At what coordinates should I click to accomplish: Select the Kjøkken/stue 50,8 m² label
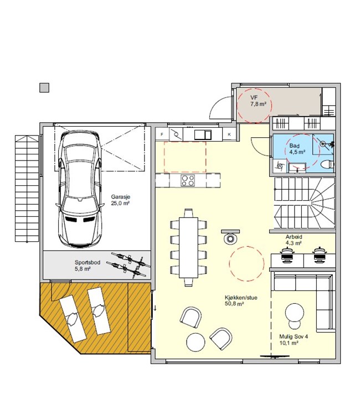click(x=241, y=300)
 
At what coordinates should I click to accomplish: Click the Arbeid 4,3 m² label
click(x=294, y=240)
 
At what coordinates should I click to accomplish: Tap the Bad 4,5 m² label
click(x=297, y=149)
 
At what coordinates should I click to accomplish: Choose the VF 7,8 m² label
click(x=258, y=101)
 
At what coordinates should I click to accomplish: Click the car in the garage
click(x=79, y=189)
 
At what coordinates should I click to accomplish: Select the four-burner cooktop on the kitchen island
click(x=188, y=180)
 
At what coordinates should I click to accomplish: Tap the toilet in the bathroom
click(x=327, y=165)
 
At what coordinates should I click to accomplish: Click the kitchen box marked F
click(x=162, y=134)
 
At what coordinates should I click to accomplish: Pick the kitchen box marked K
click(x=229, y=134)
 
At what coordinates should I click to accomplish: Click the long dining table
click(x=189, y=247)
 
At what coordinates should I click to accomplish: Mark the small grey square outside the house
click(x=44, y=87)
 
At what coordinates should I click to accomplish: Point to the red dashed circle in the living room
click(x=246, y=263)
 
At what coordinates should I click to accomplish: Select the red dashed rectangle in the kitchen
click(x=185, y=157)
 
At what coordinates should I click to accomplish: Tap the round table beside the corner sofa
click(x=295, y=312)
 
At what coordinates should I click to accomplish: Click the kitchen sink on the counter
click(x=203, y=134)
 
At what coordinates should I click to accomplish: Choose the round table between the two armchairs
click(x=196, y=342)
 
